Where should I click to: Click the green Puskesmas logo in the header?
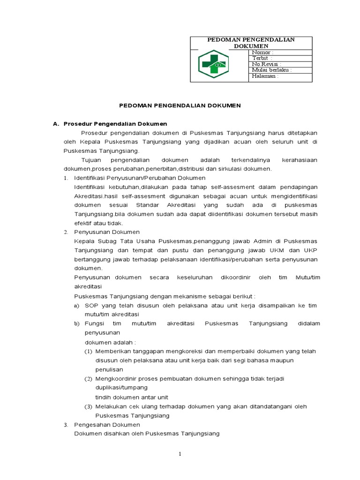point(213,64)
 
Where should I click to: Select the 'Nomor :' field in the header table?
point(262,52)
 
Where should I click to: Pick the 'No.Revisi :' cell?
point(266,64)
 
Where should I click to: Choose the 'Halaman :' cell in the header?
point(265,76)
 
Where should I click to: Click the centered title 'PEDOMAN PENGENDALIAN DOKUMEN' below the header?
point(179,106)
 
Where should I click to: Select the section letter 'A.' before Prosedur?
point(56,124)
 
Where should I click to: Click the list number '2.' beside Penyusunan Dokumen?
point(66,232)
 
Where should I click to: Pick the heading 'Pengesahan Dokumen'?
point(104,425)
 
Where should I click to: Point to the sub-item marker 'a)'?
point(77,306)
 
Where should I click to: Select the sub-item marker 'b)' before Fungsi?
point(77,324)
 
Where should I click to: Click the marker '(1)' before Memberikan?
point(88,351)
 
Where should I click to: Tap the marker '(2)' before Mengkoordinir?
point(88,378)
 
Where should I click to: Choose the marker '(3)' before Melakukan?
point(88,406)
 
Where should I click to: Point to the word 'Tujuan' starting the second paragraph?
point(92,160)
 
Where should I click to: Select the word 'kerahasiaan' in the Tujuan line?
point(300,160)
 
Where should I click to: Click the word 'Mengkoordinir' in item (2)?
point(114,378)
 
